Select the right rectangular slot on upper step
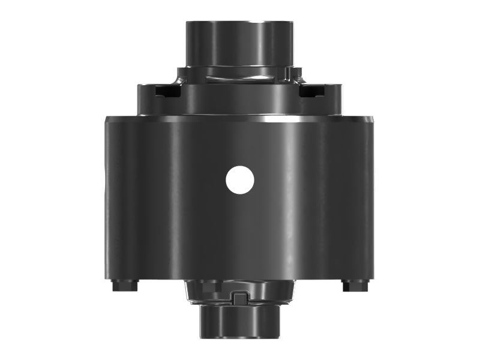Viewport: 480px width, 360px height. [313, 91]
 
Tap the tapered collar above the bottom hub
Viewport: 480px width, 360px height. [240, 291]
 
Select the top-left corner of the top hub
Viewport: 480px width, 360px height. [186, 23]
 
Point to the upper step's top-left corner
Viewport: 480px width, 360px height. [139, 85]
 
